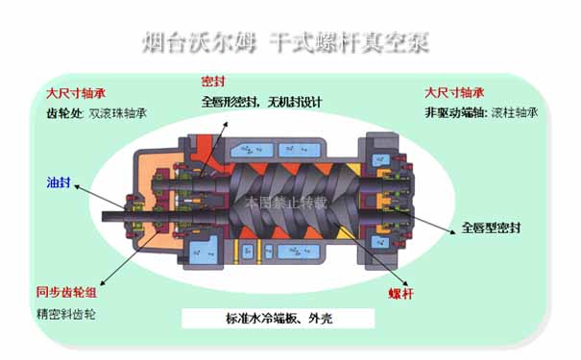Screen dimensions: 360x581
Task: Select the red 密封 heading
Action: pyautogui.click(x=212, y=83)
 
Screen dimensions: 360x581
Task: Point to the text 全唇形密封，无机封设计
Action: pyautogui.click(x=260, y=101)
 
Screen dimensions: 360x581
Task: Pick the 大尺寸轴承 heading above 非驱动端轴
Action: pyautogui.click(x=455, y=93)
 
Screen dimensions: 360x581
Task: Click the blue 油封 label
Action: pyautogui.click(x=60, y=182)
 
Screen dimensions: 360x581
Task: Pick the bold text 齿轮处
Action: pyautogui.click(x=61, y=111)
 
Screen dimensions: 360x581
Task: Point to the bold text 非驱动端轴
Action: pyautogui.click(x=455, y=111)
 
